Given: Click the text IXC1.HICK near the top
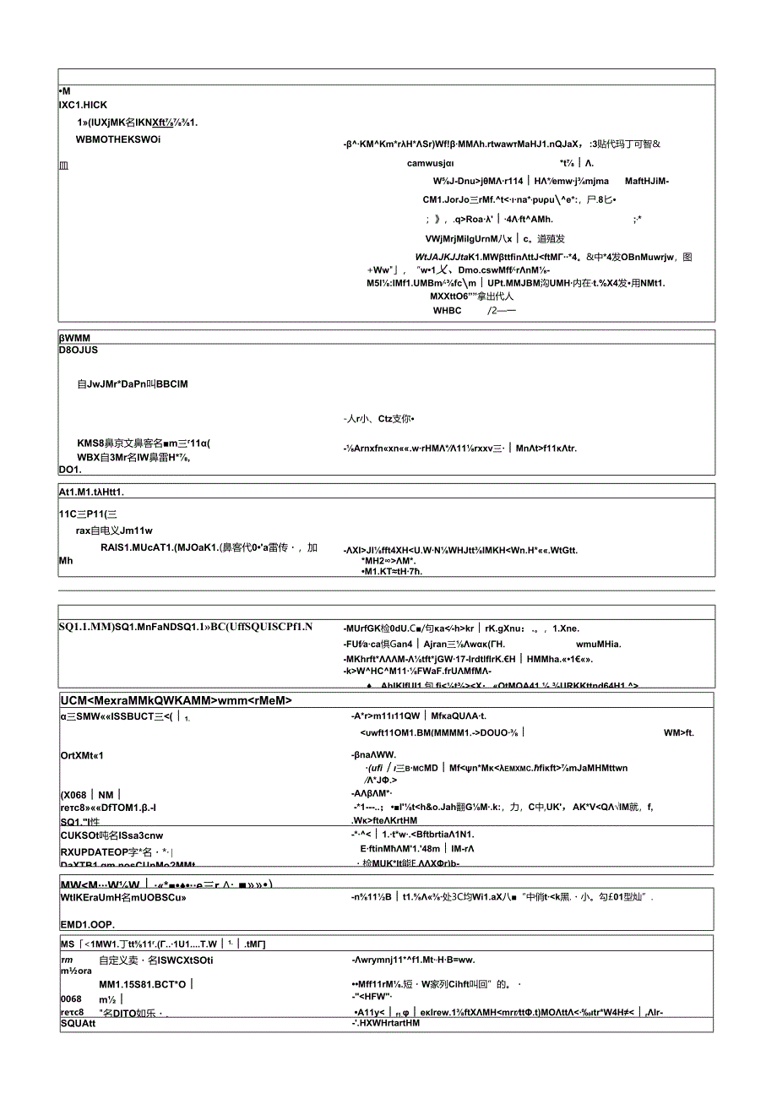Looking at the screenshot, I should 83,105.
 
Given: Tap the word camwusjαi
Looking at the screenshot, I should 431,164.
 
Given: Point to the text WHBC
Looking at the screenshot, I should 448,310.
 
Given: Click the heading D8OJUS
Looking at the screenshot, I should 79,350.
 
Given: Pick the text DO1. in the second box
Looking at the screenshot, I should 70,469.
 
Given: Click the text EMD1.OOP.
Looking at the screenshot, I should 88,924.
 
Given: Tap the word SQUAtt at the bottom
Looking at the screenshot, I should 79,1023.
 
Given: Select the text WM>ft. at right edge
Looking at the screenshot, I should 679,732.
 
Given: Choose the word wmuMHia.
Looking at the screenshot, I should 598,644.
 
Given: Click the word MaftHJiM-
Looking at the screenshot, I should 647,180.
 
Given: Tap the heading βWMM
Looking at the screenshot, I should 76,337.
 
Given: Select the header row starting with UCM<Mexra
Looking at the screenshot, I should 176,700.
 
